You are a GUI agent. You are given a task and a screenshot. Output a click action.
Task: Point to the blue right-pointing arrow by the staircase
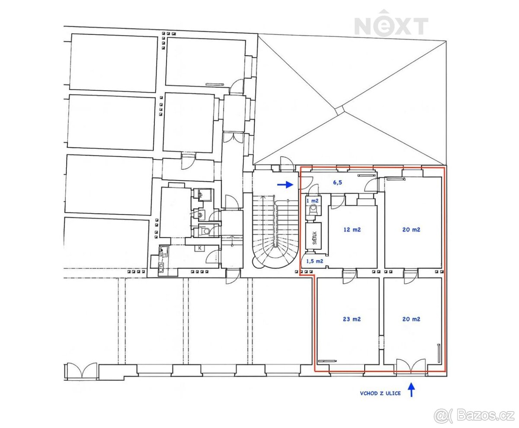(285, 185)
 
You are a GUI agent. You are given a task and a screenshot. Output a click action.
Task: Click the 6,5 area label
(337, 182)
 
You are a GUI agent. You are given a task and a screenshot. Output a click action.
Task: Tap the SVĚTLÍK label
(315, 238)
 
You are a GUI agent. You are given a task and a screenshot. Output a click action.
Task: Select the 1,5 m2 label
(315, 261)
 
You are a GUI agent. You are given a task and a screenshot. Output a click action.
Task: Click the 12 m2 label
(352, 230)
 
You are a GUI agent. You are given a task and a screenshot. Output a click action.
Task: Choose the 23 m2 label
(352, 319)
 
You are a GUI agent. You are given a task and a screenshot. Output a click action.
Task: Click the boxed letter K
(200, 248)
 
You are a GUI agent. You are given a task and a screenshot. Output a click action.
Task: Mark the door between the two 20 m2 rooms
(410, 277)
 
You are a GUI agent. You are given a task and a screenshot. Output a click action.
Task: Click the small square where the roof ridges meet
(340, 110)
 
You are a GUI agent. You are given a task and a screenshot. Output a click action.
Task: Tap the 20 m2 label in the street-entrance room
(411, 319)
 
